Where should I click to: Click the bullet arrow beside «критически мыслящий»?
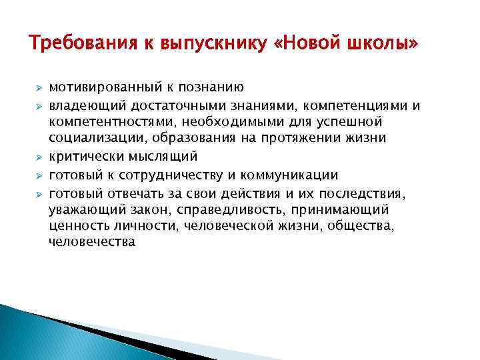39,158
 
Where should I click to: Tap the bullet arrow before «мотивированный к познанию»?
39,87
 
